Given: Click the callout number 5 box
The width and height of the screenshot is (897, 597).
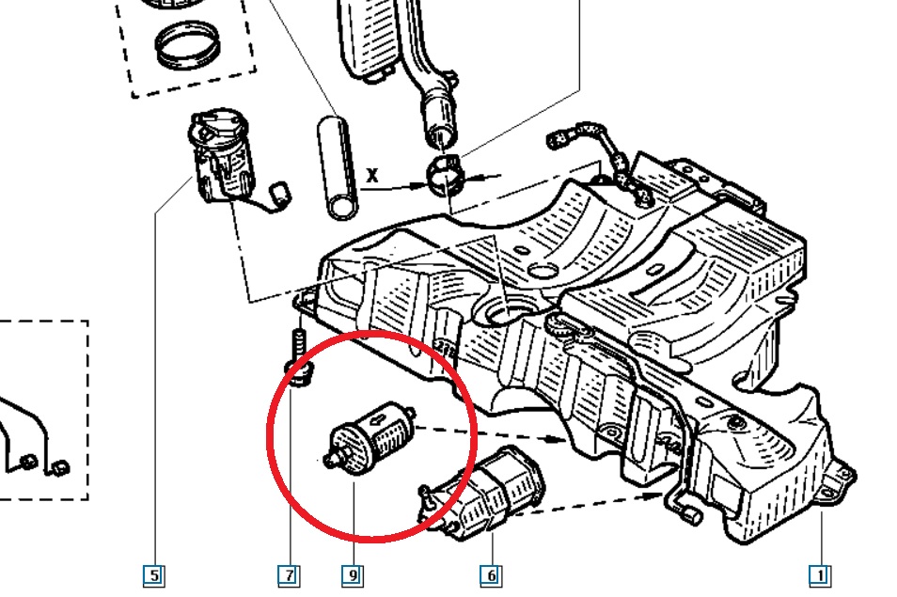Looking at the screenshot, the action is click(x=154, y=575).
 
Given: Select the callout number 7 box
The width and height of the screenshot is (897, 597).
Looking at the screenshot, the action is click(x=289, y=575).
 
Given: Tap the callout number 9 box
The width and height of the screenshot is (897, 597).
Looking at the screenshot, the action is click(x=353, y=575).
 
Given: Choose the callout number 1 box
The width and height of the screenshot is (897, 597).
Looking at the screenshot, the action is click(x=820, y=575).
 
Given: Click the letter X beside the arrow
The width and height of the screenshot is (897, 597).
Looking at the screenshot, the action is click(x=371, y=175).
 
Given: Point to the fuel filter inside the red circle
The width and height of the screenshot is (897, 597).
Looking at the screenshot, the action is click(x=370, y=437).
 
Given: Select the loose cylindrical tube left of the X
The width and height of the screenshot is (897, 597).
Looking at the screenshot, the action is click(x=338, y=167).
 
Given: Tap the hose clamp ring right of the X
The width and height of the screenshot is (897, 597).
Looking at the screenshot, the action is click(x=446, y=175).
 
